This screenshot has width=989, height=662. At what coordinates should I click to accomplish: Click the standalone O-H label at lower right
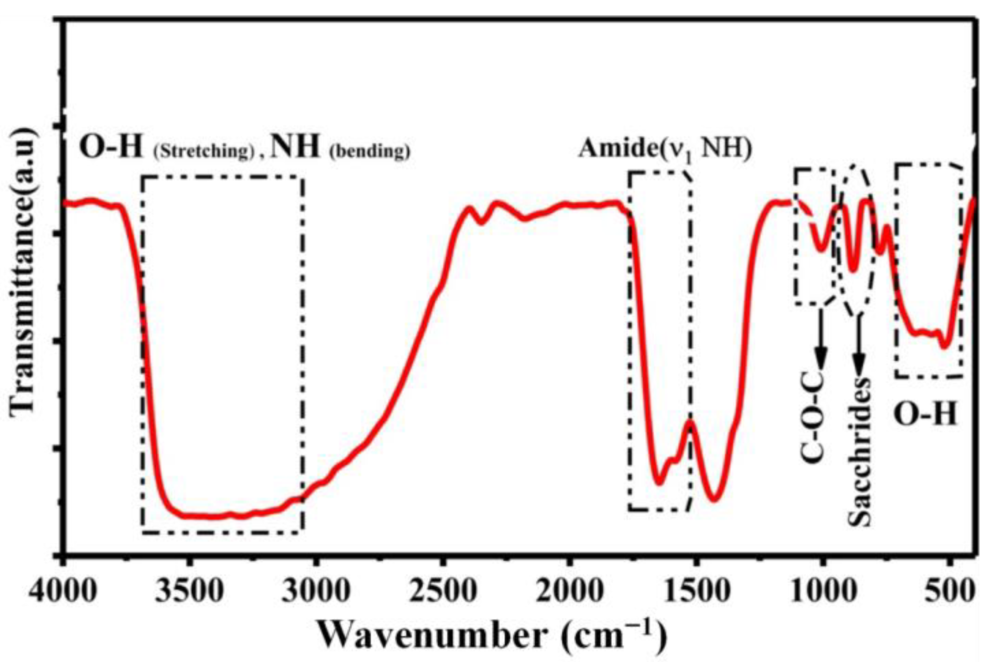pos(925,415)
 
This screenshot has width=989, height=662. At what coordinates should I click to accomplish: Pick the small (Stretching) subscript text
pos(203,151)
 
